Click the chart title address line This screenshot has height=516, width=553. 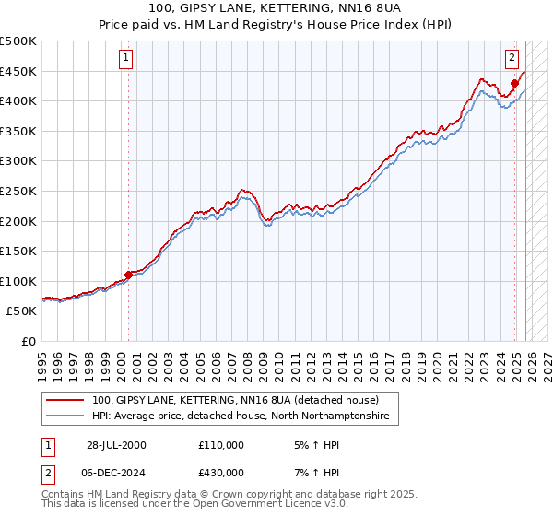pos(276,8)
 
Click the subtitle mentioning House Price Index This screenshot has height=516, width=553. pos(276,25)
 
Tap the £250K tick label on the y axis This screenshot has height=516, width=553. pos(18,191)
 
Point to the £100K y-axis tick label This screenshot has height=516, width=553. pos(18,281)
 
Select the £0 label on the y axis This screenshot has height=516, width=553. pos(29,341)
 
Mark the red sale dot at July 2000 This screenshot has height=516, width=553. pos(128,274)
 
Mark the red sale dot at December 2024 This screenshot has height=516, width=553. pos(514,84)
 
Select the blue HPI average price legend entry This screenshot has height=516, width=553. pos(241,416)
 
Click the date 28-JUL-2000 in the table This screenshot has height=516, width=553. pos(115,445)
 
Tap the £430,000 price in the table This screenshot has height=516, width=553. pos(220,472)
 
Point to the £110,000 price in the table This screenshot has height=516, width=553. pos(220,445)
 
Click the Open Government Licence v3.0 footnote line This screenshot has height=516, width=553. pos(195,504)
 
